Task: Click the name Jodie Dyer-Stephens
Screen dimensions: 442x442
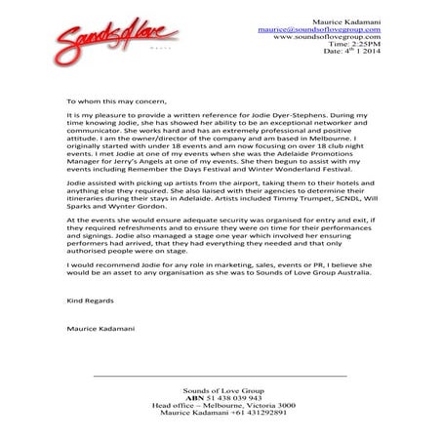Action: tap(274, 115)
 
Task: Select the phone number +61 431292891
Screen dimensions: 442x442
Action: tap(257, 415)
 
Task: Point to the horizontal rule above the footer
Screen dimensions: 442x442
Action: tap(220, 376)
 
